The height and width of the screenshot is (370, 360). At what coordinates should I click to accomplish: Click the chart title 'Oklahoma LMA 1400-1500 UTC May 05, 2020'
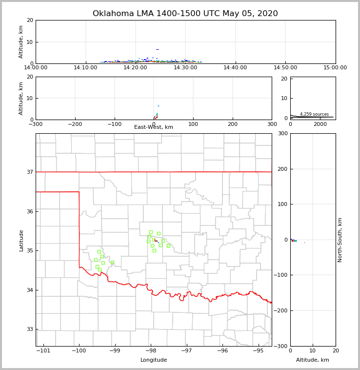[185, 14]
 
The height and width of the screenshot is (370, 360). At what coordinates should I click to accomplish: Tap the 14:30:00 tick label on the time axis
[185, 68]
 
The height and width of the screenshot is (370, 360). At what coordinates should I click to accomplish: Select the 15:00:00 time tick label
[335, 68]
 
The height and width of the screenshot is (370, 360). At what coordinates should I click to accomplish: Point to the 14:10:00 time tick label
[85, 68]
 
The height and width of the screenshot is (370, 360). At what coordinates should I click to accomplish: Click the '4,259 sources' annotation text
[314, 114]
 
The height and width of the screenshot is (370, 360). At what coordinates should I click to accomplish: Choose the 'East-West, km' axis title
[154, 127]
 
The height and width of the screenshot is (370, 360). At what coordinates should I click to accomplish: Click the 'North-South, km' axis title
[340, 240]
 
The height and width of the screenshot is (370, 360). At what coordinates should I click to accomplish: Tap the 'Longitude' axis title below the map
[154, 360]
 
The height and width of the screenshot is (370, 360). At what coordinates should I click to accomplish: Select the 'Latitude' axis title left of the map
[21, 240]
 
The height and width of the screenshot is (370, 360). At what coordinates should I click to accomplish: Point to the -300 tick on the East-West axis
[36, 124]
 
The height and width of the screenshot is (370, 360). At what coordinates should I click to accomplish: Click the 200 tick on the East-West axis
[233, 124]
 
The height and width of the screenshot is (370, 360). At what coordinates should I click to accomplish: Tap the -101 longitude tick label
[43, 351]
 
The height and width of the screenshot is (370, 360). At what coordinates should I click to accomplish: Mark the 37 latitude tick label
[30, 172]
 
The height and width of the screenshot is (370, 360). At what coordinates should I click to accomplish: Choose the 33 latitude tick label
[30, 329]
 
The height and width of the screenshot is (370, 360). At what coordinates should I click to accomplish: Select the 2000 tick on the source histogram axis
[320, 124]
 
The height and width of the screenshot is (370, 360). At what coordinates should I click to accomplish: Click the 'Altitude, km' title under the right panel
[313, 360]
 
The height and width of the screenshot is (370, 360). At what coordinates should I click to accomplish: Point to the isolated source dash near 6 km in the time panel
[158, 49]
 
